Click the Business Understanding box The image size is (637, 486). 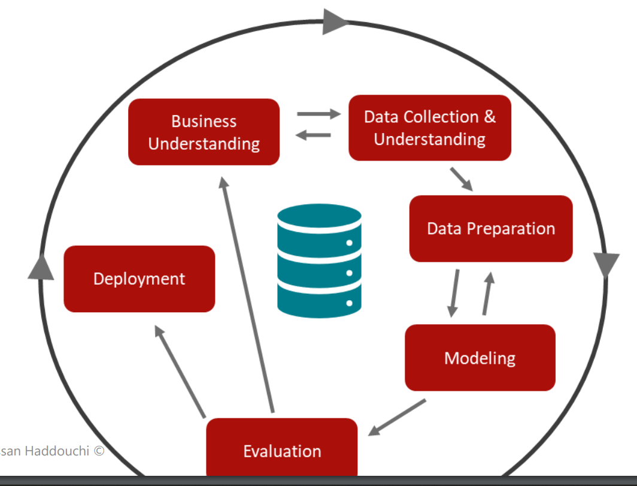(204, 132)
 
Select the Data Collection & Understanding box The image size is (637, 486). (430, 128)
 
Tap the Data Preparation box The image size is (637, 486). (491, 228)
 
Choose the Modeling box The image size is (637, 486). (480, 358)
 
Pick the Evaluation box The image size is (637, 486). (282, 449)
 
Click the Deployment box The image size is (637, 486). (139, 279)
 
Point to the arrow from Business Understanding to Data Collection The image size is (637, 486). (318, 113)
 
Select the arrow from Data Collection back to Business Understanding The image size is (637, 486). (314, 135)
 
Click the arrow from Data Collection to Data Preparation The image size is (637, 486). (461, 178)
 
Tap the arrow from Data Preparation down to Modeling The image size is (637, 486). (454, 293)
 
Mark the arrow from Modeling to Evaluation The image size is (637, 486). (398, 417)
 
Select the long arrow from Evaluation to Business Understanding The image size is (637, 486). (247, 294)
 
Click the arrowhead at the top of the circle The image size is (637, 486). (335, 23)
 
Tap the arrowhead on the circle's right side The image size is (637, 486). (606, 264)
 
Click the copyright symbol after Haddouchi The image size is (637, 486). (99, 451)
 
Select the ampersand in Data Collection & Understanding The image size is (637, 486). (489, 116)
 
